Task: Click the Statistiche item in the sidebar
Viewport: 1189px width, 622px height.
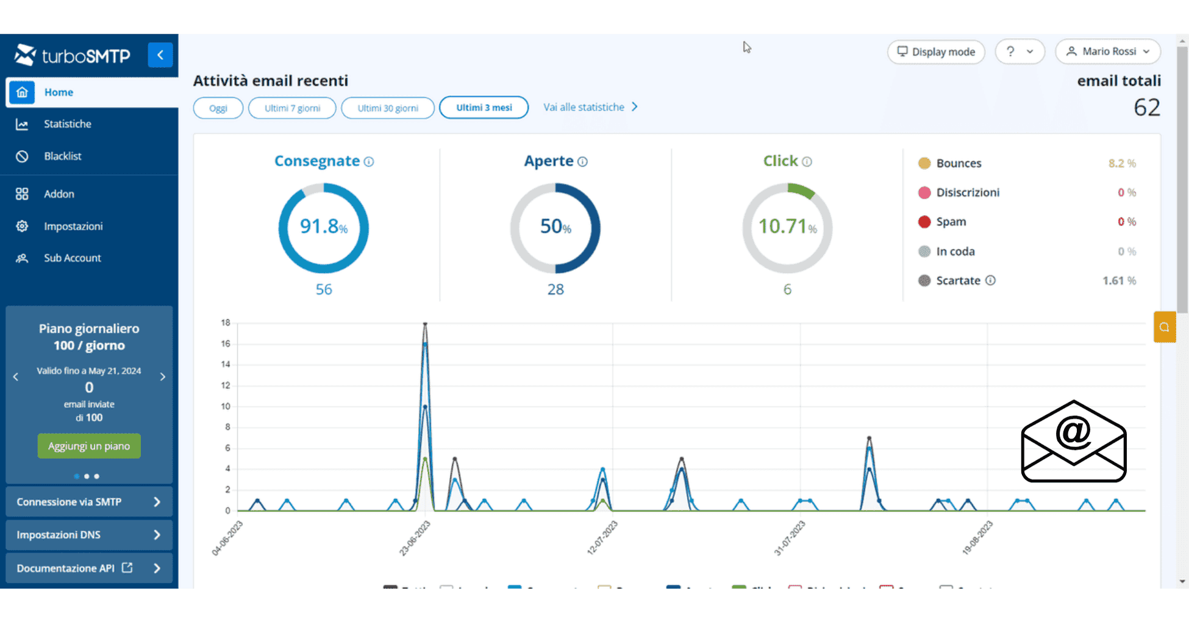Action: [x=67, y=124]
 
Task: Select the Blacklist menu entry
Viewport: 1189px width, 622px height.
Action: [x=62, y=157]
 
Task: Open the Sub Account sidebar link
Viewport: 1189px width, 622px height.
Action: [x=72, y=259]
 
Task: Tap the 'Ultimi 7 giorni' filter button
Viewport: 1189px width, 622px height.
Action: [x=292, y=109]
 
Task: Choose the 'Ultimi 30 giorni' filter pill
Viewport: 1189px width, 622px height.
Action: [x=388, y=109]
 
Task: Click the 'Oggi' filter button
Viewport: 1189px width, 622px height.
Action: [x=218, y=109]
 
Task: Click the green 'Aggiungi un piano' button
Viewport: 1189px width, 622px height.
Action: [x=89, y=446]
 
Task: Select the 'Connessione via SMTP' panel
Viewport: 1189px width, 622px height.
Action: [x=89, y=502]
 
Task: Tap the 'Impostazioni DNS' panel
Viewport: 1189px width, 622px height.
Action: [x=89, y=535]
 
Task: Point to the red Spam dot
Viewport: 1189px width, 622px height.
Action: [x=924, y=222]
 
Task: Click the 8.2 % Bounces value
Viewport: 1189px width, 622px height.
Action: [x=1121, y=163]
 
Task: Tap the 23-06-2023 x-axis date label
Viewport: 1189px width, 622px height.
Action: [x=415, y=538]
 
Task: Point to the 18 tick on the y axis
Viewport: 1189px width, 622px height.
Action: [x=226, y=323]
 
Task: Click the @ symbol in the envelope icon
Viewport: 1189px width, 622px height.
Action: [x=1073, y=432]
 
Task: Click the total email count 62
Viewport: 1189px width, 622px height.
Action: [x=1146, y=108]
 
